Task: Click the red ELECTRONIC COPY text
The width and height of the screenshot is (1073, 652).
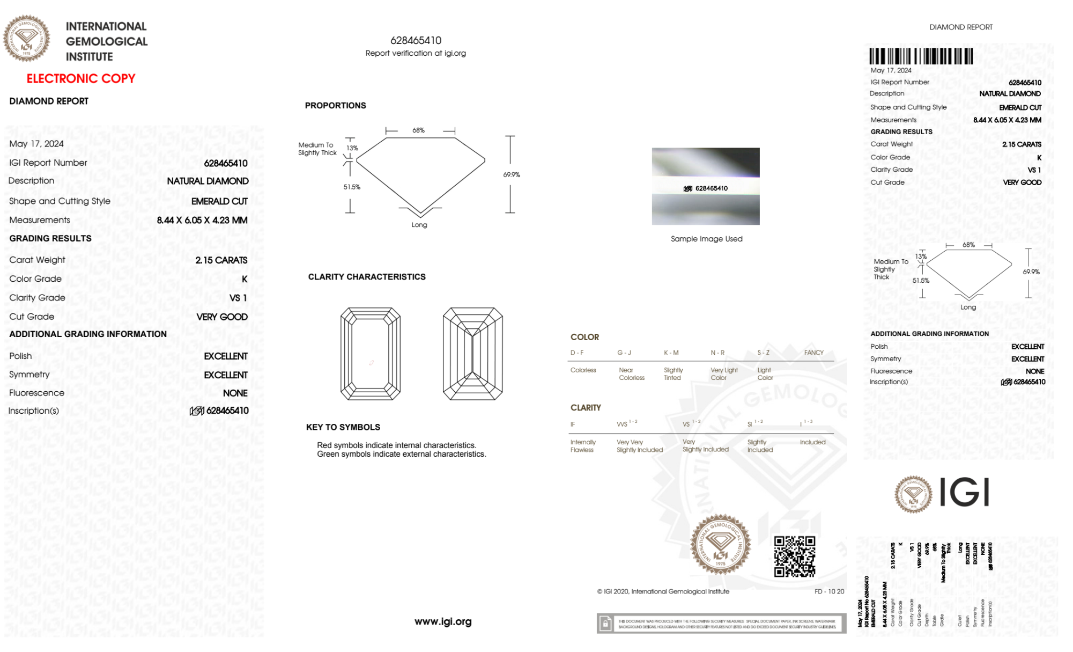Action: coord(81,78)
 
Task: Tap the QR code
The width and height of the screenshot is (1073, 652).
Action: coord(794,556)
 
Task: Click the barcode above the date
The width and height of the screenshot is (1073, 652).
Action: coord(921,56)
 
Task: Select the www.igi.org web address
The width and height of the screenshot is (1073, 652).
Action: coord(443,621)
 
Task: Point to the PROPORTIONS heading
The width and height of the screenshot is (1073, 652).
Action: coord(335,106)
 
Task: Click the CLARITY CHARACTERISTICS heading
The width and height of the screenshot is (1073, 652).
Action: coord(367,277)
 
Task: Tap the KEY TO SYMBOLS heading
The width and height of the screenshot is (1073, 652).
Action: coord(343,427)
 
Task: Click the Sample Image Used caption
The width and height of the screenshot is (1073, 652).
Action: coord(706,239)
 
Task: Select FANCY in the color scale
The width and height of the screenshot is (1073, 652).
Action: coord(813,353)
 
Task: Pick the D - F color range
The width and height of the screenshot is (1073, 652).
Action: coord(577,353)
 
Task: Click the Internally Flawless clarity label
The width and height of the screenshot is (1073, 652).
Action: coord(582,446)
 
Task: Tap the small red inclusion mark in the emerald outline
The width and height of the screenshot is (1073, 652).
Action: coord(371,363)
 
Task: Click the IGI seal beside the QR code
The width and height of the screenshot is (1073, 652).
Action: coord(720,545)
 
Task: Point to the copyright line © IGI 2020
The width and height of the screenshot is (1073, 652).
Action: coord(663,591)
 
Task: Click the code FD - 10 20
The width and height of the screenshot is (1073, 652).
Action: coord(829,591)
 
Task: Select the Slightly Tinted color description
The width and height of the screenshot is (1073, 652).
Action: coord(673,374)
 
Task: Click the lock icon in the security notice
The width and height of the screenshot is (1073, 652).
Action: coord(606,624)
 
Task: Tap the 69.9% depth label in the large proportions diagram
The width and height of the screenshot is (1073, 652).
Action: coord(512,175)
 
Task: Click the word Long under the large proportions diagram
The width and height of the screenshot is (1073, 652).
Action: coord(419,225)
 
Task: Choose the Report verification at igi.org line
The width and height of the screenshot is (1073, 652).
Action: coord(416,53)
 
